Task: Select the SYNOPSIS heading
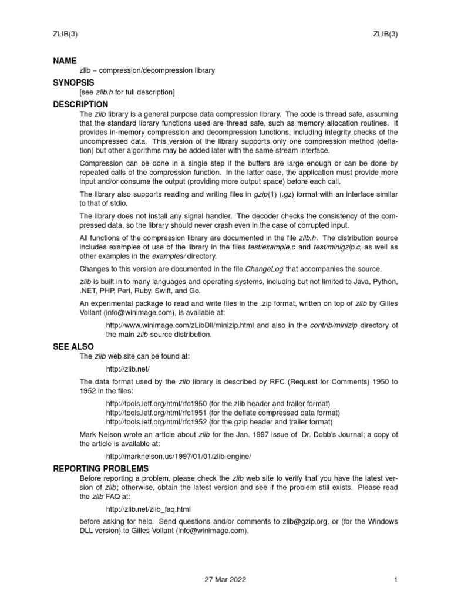pyautogui.click(x=73, y=82)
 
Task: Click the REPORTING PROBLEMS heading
pyautogui.click(x=100, y=468)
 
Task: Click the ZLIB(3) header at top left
pyautogui.click(x=65, y=33)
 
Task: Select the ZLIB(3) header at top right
pyautogui.click(x=385, y=33)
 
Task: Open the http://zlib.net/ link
pyautogui.click(x=124, y=369)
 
